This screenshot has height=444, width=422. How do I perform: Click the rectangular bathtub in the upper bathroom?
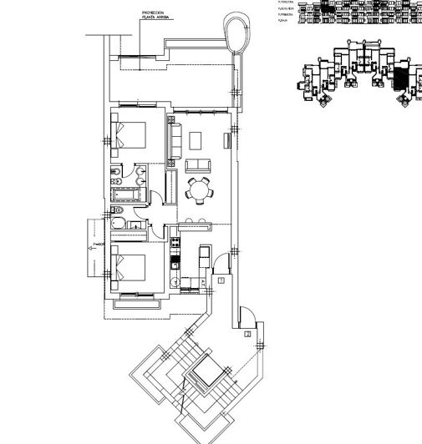129,195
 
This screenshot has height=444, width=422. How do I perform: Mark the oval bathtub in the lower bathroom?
119,225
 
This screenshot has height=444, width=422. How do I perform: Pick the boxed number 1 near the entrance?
221,282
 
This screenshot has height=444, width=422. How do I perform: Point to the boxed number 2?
248,334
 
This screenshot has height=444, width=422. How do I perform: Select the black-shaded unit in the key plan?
402,79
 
